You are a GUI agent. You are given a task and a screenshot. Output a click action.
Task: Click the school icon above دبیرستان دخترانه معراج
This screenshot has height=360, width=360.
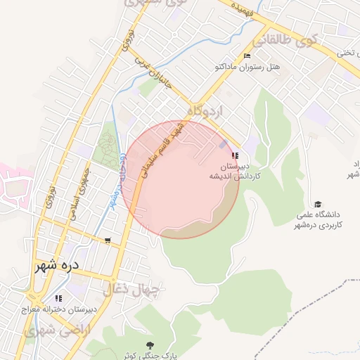pyautogui.click(x=58, y=297)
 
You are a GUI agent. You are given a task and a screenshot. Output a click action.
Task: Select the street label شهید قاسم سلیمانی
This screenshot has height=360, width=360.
pyautogui.click(x=164, y=149)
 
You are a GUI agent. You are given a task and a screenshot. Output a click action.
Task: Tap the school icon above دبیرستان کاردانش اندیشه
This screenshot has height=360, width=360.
pyautogui.click(x=235, y=155)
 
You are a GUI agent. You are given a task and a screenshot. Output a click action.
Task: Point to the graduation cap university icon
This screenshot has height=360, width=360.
pyautogui.click(x=319, y=202)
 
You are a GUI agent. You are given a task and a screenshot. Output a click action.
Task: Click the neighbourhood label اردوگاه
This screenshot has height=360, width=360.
pyautogui.click(x=205, y=111)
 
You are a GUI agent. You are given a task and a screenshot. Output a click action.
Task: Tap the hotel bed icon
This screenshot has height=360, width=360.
pyautogui.click(x=246, y=56)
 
